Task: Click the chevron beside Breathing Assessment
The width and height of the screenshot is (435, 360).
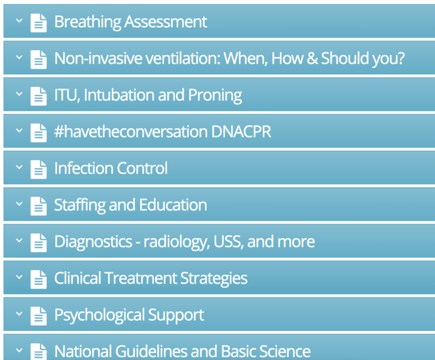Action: click(19, 20)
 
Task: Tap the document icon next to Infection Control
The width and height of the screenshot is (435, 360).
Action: click(39, 169)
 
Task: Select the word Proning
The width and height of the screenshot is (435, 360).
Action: click(215, 96)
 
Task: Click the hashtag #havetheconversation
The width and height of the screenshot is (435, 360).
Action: click(131, 131)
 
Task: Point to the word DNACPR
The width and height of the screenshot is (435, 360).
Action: click(241, 132)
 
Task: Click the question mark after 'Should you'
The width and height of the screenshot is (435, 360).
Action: click(400, 58)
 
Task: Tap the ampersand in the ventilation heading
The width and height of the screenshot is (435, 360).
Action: click(312, 59)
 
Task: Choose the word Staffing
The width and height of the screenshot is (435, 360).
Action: click(80, 205)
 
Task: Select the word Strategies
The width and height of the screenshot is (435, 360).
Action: click(214, 278)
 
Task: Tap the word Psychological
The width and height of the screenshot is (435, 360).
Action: click(99, 315)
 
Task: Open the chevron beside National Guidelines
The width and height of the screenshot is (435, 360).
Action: click(19, 350)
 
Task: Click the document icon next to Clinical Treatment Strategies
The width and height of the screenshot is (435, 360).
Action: click(39, 279)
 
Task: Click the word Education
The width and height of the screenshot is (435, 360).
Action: click(173, 205)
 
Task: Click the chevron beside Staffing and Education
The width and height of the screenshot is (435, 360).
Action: click(19, 203)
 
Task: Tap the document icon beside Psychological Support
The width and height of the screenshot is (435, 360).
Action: click(39, 315)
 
